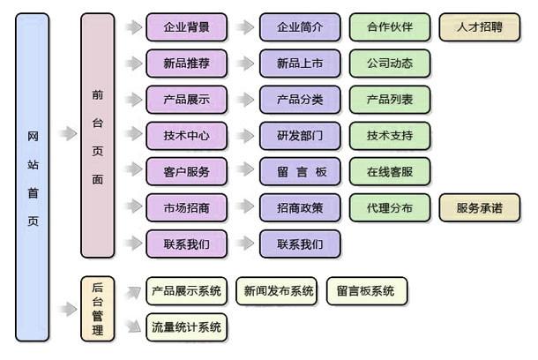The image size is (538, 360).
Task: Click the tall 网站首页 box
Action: click(x=33, y=176)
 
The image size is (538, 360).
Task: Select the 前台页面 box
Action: click(x=97, y=135)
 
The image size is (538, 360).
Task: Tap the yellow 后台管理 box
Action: click(x=97, y=308)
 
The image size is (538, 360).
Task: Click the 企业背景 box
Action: click(x=186, y=27)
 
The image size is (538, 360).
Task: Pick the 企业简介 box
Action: click(x=300, y=27)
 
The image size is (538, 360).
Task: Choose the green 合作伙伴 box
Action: click(x=390, y=27)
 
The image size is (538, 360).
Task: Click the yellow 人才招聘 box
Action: click(x=479, y=27)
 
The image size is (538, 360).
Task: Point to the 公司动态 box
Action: click(x=390, y=64)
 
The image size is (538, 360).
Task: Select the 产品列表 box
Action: click(x=390, y=100)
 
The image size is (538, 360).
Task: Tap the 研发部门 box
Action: click(x=300, y=136)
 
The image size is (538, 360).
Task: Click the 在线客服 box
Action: click(x=390, y=171)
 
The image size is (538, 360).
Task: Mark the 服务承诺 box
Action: click(x=479, y=208)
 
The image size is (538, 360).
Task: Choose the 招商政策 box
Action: click(x=300, y=208)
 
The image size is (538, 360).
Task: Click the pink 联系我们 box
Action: click(x=186, y=244)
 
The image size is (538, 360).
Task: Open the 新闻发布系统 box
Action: click(x=279, y=291)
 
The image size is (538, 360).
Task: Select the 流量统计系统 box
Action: click(x=186, y=327)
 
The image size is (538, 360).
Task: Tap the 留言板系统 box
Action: click(x=366, y=291)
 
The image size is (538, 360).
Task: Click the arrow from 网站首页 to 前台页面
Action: click(x=67, y=134)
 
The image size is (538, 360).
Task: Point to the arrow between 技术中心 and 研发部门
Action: click(x=244, y=136)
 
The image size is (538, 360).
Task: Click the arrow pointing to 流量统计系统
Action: click(x=133, y=327)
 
